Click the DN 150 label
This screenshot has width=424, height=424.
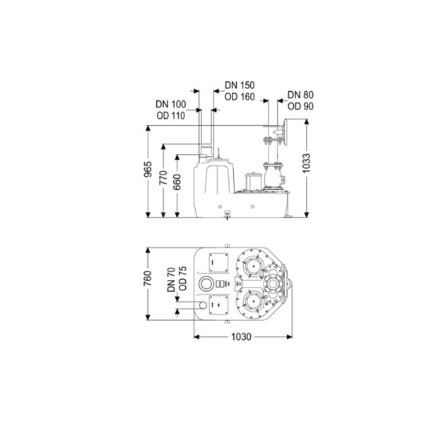click(240, 86)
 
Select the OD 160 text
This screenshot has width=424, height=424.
click(240, 97)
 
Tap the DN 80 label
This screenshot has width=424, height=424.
click(300, 95)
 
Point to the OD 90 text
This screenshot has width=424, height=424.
click(300, 107)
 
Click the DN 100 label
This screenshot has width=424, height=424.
click(171, 104)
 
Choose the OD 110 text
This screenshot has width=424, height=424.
click(171, 116)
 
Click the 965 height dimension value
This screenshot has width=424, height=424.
click(148, 170)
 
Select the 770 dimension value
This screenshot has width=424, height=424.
click(163, 177)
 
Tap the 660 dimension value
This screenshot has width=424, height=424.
click(177, 182)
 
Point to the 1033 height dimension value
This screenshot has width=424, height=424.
click(307, 163)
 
